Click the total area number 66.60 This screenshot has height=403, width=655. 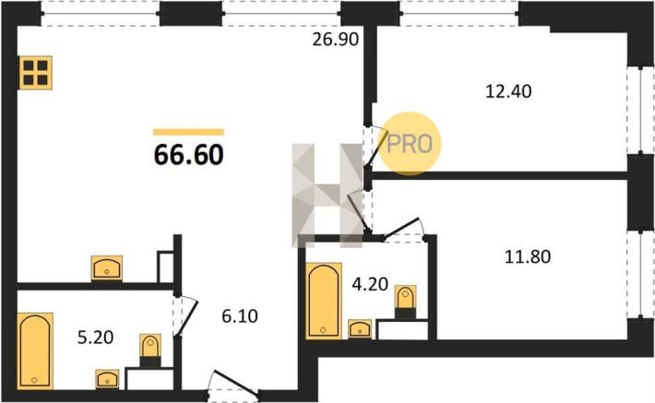[189, 155]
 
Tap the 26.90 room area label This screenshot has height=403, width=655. [336, 40]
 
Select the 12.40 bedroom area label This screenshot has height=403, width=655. [508, 91]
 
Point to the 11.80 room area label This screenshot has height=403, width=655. [528, 256]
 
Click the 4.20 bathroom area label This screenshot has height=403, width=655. [370, 284]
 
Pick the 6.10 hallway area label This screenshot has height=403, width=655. [240, 316]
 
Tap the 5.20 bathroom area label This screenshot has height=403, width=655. [96, 337]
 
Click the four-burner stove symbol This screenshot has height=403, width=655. [35, 73]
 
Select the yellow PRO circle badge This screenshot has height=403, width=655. [410, 143]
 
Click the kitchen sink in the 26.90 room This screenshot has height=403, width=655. [106, 267]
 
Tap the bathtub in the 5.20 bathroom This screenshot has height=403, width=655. [35, 350]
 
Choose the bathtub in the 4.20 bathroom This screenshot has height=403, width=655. [324, 301]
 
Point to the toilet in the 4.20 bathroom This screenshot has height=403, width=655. [405, 302]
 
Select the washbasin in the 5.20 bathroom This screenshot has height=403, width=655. [107, 379]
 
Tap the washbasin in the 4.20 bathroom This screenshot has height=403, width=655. [360, 329]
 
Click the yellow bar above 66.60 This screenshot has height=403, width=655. [189, 133]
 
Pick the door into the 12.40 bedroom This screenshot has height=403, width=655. [375, 146]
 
